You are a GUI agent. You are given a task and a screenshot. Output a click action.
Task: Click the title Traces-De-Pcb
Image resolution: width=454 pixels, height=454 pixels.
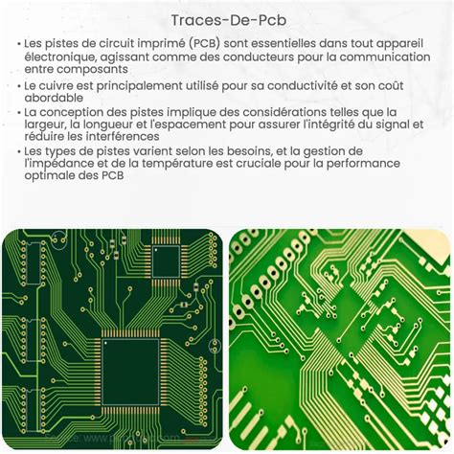[x=226, y=20]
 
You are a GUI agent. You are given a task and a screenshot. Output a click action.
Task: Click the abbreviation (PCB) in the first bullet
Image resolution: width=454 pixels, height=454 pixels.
[x=209, y=45]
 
